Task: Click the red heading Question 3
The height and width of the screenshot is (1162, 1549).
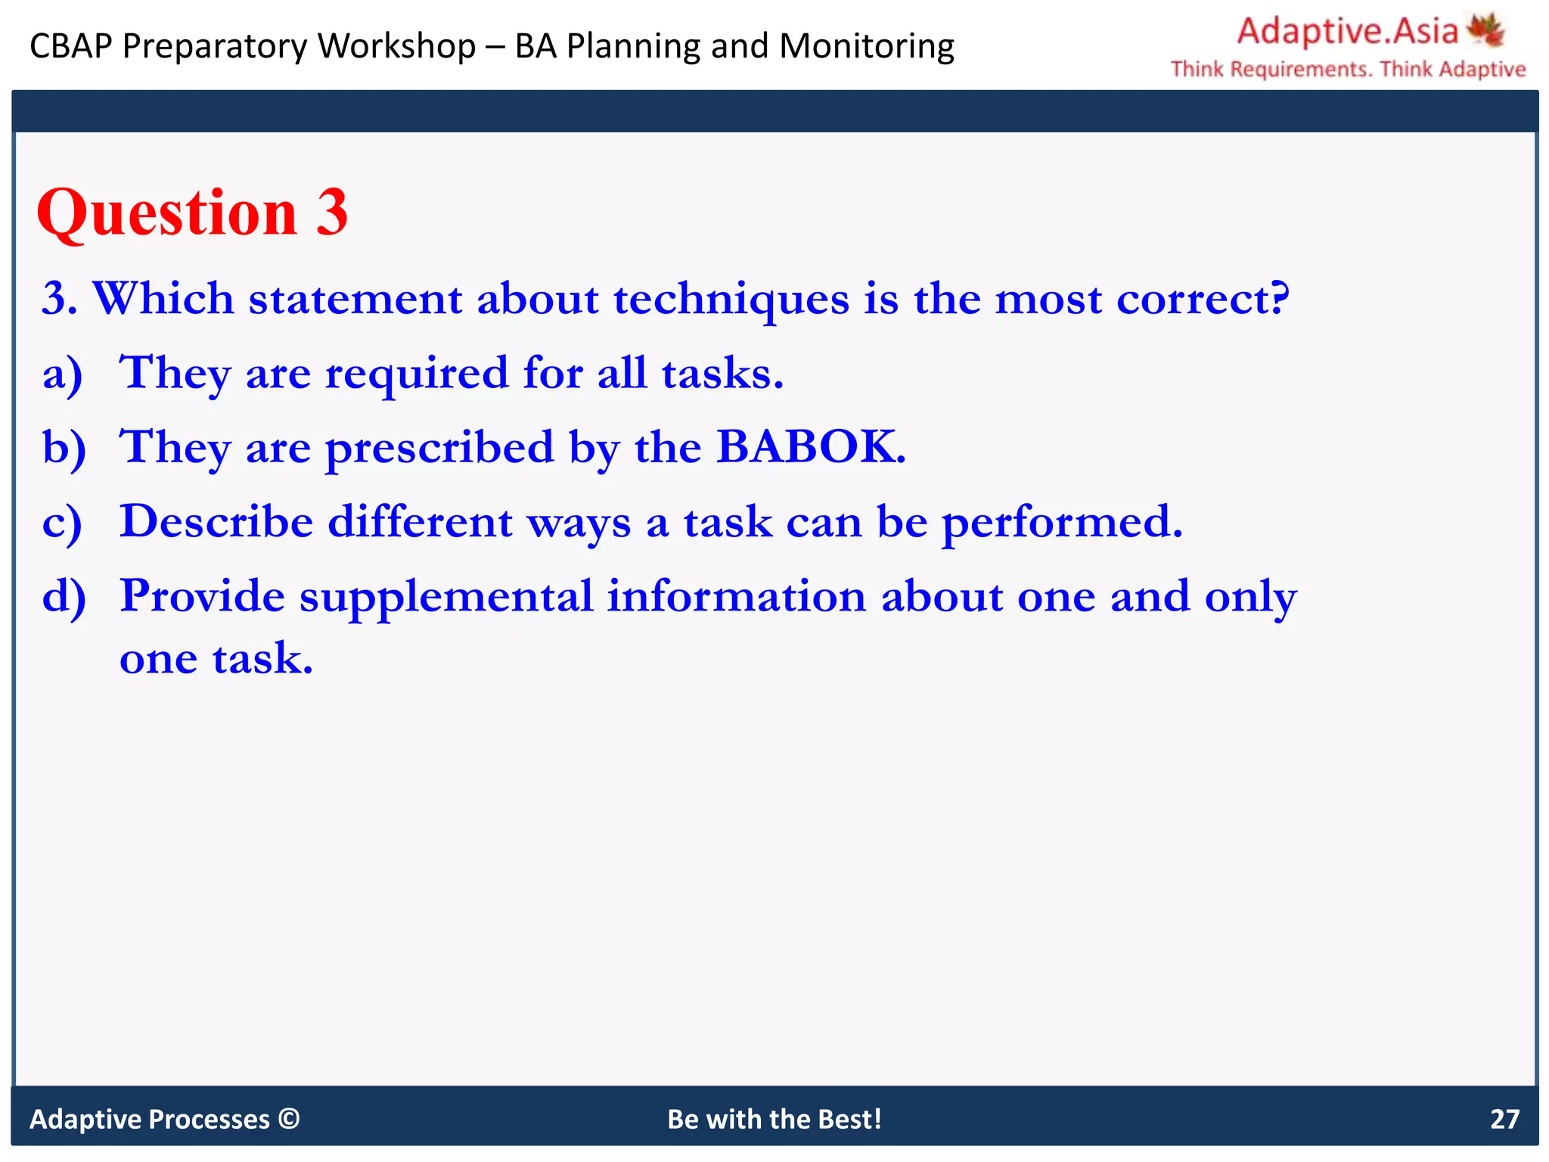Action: point(192,213)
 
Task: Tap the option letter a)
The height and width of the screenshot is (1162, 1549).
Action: point(62,374)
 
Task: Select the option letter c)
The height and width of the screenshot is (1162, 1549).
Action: point(62,523)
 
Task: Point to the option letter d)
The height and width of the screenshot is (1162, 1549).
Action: point(64,597)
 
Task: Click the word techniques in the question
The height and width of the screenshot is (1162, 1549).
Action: point(731,300)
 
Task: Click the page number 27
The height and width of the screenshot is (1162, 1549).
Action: point(1504,1119)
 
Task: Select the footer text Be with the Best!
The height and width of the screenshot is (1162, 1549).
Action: point(774,1119)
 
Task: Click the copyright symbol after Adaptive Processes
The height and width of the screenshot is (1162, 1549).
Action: point(289,1118)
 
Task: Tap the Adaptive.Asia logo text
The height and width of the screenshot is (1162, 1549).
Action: point(1347,32)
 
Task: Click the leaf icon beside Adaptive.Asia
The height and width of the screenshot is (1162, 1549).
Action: point(1486,30)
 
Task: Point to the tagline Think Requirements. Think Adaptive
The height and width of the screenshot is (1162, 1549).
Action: point(1348,69)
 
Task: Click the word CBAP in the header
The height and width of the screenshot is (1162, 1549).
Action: point(71,46)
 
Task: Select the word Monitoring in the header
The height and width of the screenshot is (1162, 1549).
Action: point(867,46)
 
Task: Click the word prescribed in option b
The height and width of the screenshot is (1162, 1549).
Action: point(439,448)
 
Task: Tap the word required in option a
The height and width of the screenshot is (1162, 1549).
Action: point(417,374)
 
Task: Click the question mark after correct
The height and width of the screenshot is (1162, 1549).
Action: point(1279,298)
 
